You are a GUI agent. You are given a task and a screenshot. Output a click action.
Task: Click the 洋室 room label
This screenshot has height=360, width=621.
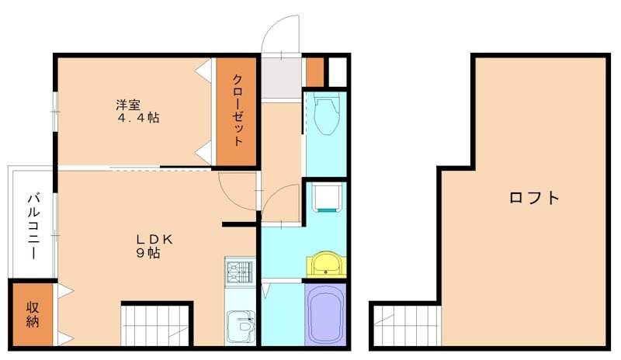[128, 103]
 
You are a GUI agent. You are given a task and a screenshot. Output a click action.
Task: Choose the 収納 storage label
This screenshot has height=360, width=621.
[33, 313]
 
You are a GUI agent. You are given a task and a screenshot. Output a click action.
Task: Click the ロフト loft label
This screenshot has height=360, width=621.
[534, 197]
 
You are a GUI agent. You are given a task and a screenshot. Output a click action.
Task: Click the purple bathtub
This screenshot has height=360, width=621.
[326, 313]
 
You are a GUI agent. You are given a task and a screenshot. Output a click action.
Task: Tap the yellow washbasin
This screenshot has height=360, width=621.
[326, 264]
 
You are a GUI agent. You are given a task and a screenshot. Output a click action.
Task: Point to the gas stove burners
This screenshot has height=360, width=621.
[240, 272]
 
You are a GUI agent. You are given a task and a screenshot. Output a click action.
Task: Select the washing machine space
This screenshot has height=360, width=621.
[326, 197]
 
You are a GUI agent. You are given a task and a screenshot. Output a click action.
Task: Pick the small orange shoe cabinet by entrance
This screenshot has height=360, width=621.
[314, 72]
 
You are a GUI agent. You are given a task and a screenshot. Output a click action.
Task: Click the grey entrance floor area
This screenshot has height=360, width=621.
[280, 78]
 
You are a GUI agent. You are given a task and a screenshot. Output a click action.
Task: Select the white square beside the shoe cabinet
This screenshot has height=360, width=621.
[337, 72]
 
